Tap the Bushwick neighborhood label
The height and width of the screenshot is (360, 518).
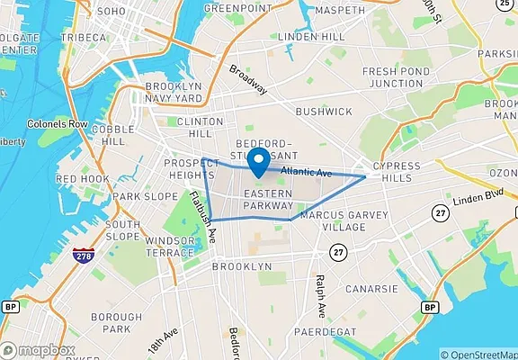click(324, 111)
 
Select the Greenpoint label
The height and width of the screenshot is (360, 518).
click(238, 8)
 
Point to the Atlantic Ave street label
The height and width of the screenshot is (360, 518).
click(306, 172)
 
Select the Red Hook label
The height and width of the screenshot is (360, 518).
click(82, 179)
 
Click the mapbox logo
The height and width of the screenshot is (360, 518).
click(39, 349)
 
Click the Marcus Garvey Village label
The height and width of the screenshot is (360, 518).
click(344, 220)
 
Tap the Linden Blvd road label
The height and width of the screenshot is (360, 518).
click(477, 199)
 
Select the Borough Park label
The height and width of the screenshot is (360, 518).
click(116, 324)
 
